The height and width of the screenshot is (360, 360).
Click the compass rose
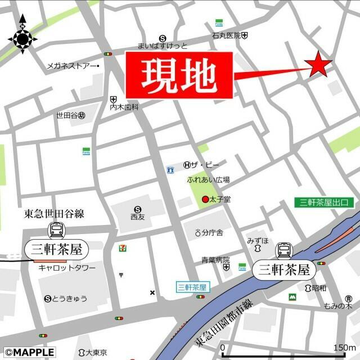coord(23,38)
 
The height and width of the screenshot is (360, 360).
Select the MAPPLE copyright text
coord(28,353)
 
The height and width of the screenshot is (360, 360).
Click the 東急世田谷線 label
coord(54,213)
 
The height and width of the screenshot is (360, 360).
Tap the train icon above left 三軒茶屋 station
coord(56,229)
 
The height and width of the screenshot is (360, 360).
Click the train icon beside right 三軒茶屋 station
coord(285,250)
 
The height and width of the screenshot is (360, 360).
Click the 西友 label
coord(137,216)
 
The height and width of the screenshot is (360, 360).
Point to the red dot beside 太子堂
coord(205,200)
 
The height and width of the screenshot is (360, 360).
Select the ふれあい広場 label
coord(209,180)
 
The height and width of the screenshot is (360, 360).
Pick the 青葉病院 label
coord(216,260)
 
